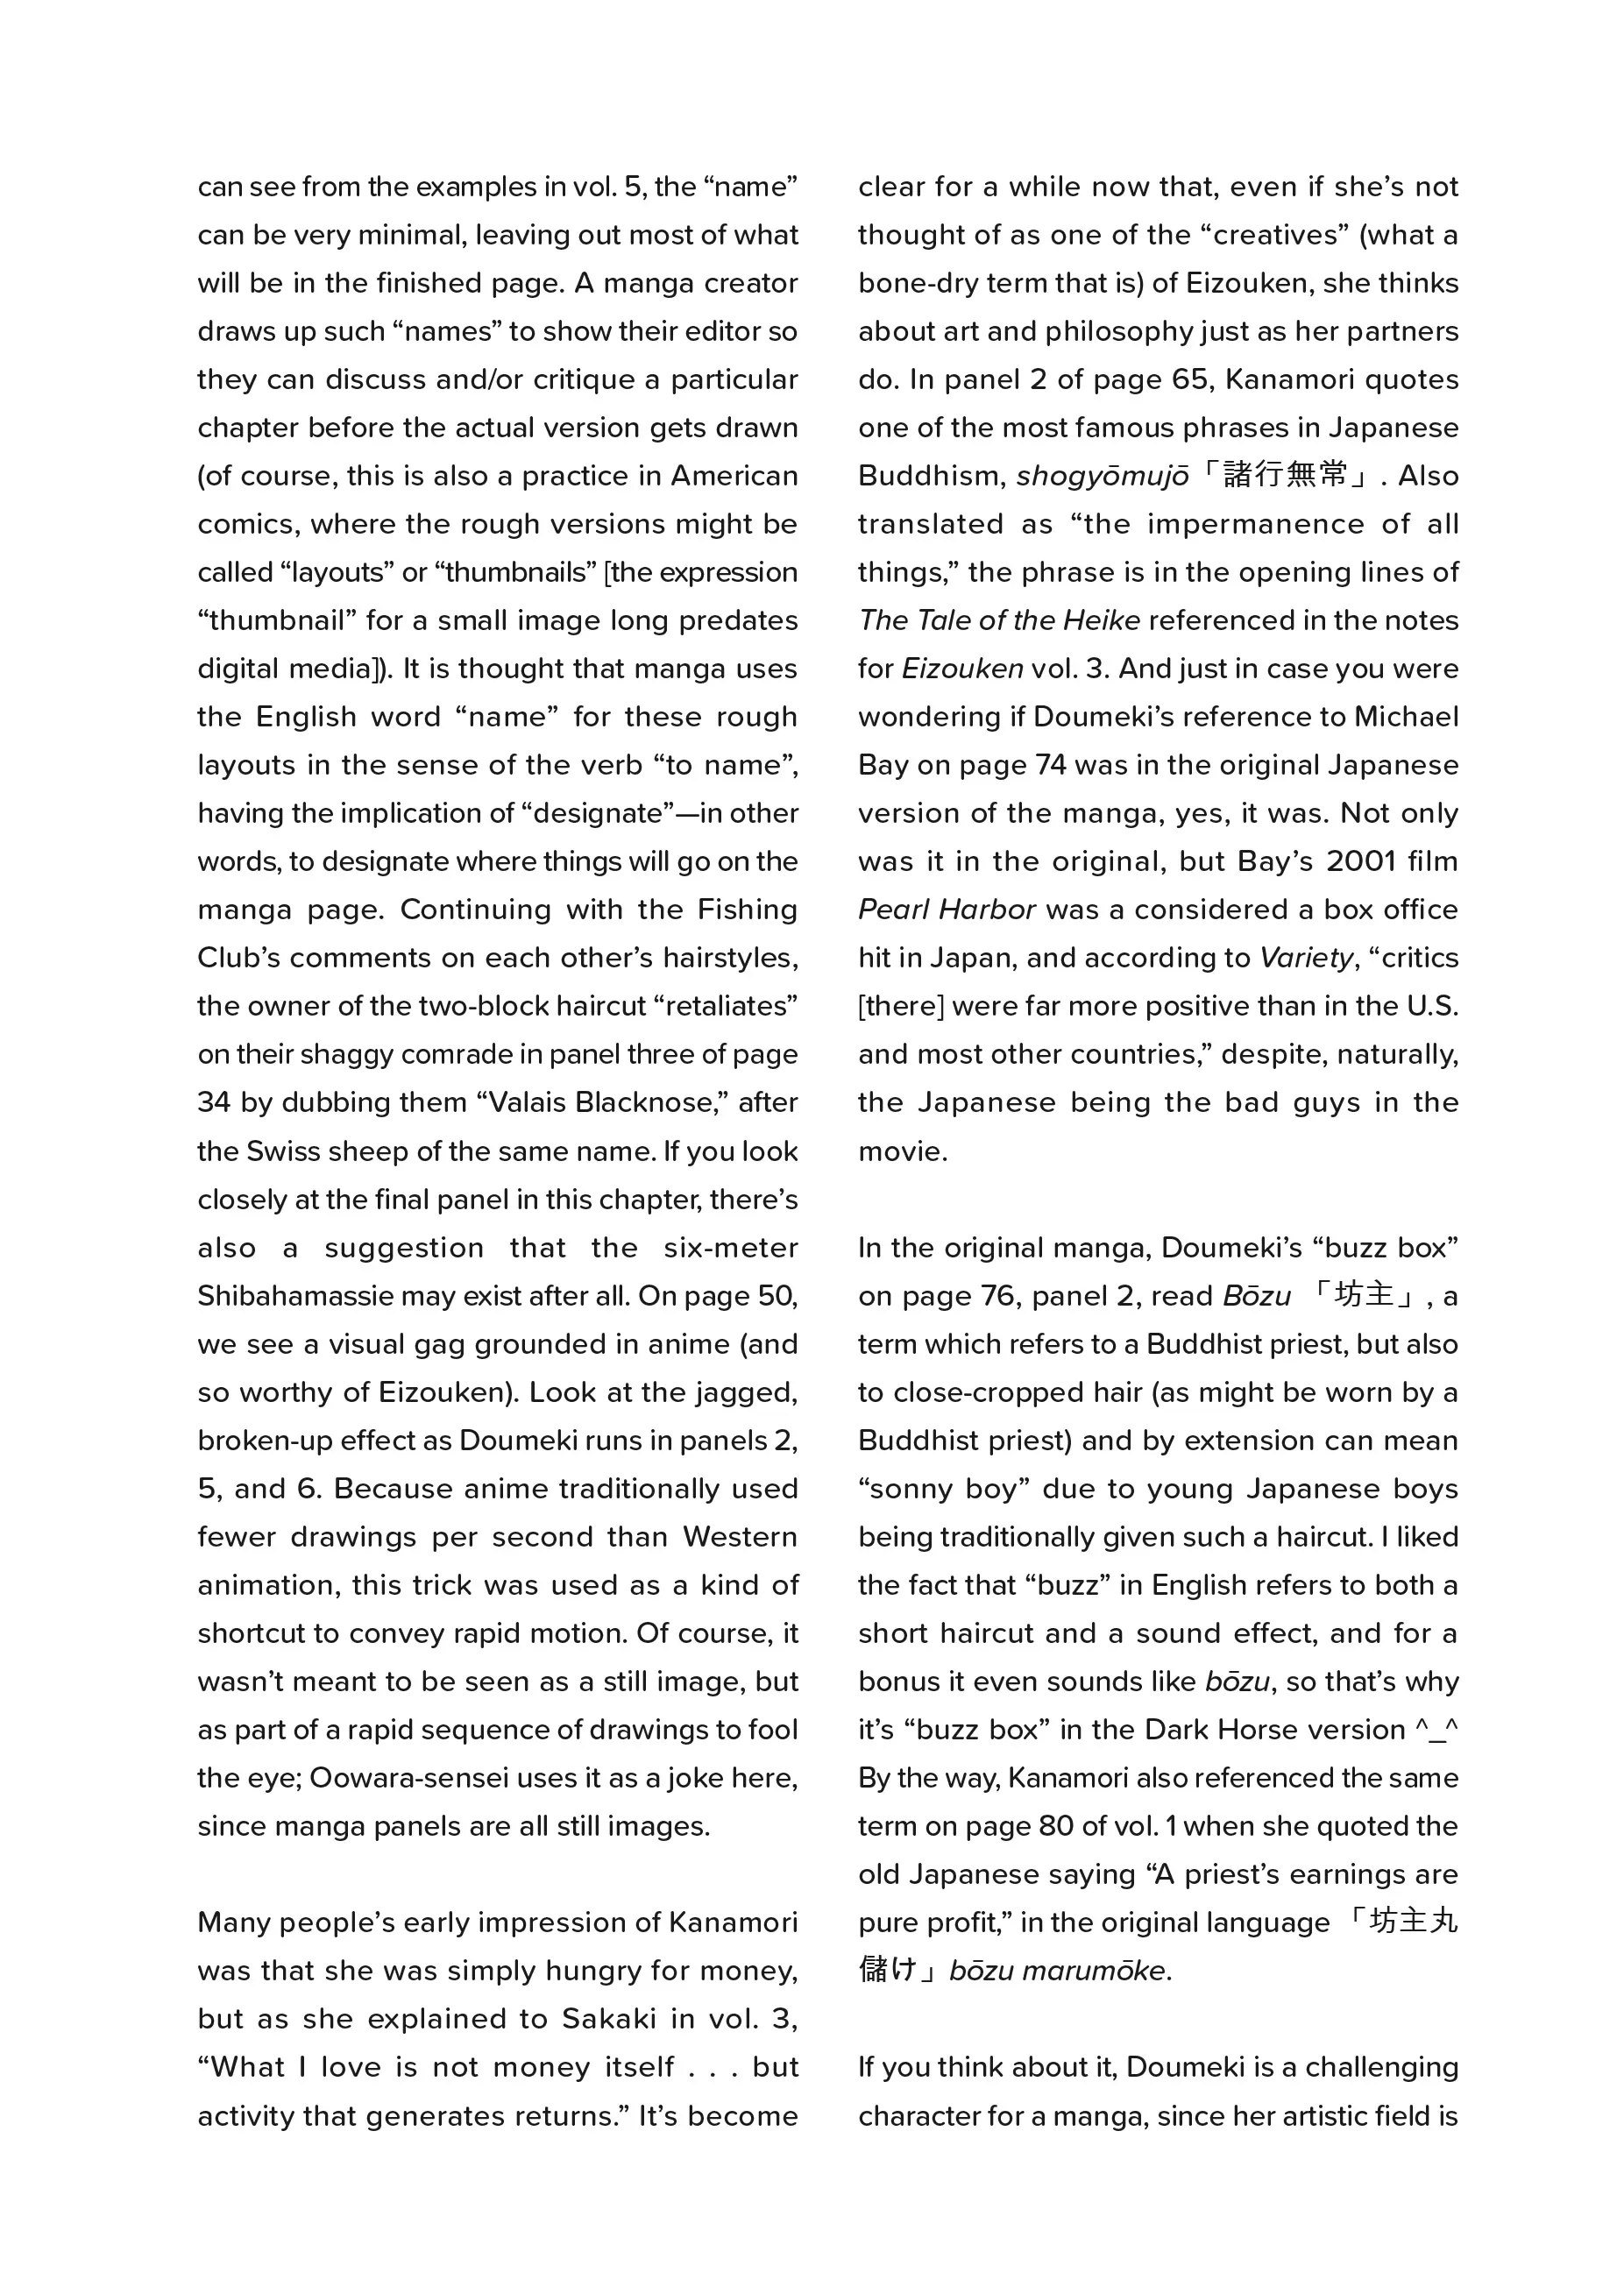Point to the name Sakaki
[x=609, y=2019]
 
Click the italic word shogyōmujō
[x=1102, y=476]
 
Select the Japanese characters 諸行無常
[x=1285, y=474]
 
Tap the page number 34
[x=213, y=1102]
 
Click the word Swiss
[x=284, y=1151]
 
